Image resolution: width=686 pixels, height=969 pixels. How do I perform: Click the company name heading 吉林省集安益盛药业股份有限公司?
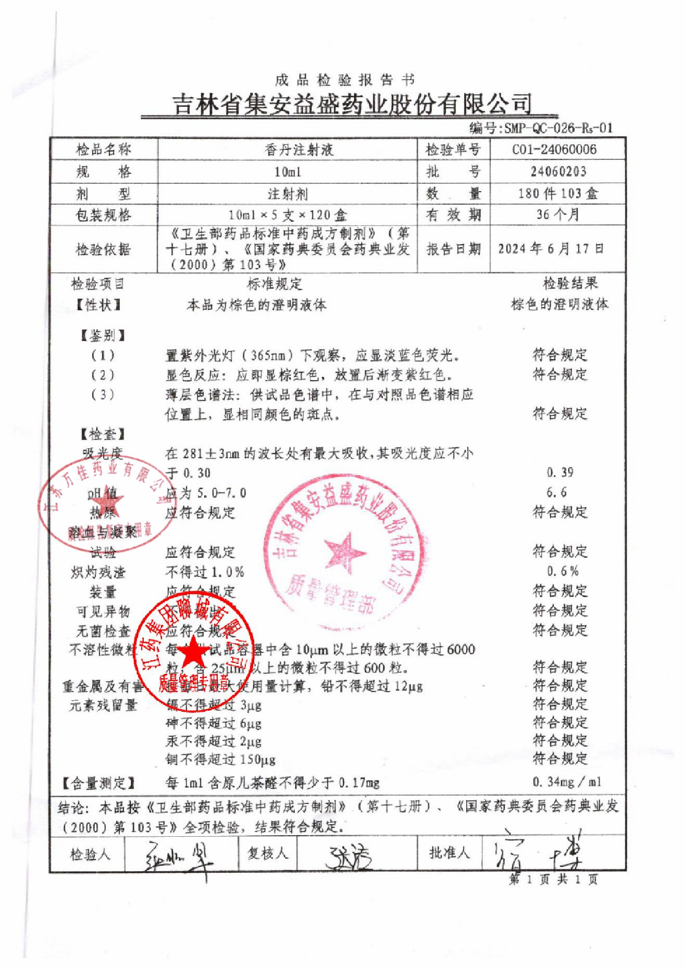coord(352,104)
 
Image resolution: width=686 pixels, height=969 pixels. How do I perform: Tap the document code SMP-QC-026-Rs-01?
coord(558,128)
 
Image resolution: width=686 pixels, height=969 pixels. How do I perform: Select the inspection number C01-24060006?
coord(554,150)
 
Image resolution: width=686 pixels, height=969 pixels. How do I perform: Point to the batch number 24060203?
coord(558,172)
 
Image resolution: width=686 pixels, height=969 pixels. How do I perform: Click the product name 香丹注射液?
coord(299,150)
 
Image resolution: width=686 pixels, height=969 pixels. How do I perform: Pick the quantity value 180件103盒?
coord(558,194)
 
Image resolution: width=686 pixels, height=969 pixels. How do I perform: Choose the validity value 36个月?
coord(558,215)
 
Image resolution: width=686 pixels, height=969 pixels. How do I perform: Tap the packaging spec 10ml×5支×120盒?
coord(288,215)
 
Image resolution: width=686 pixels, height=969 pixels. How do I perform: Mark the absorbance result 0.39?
coord(560,472)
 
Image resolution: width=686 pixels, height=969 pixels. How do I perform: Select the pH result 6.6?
coord(556,492)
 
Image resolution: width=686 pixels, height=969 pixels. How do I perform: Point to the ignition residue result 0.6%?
coord(563,571)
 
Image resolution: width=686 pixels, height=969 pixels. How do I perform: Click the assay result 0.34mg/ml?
coord(567,782)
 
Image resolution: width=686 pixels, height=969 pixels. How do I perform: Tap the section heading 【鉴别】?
coord(103,336)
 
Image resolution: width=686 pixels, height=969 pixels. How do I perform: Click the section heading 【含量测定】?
coord(98,783)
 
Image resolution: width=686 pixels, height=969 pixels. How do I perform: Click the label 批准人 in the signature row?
coord(449,853)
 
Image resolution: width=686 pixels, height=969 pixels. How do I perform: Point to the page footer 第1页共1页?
coord(553,879)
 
